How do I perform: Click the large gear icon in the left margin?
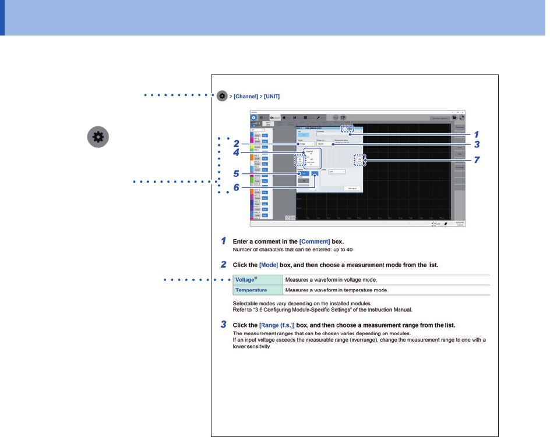pyautogui.click(x=97, y=137)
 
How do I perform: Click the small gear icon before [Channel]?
pyautogui.click(x=221, y=96)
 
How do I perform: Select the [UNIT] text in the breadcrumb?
pyautogui.click(x=272, y=96)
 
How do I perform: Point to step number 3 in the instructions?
pyautogui.click(x=224, y=324)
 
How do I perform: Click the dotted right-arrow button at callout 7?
pyautogui.click(x=359, y=159)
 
